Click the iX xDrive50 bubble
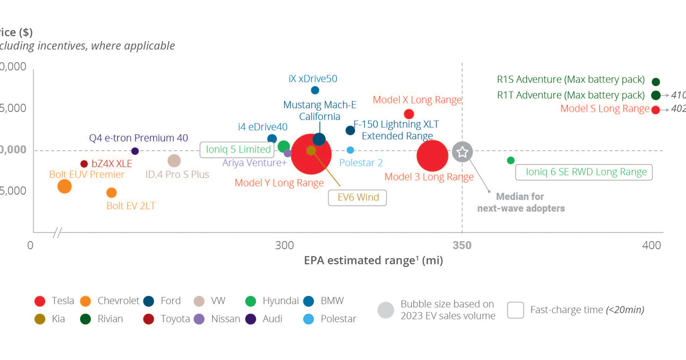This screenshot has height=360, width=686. [315, 90]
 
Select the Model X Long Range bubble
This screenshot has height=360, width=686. [409, 114]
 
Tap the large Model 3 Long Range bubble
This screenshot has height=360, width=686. [432, 155]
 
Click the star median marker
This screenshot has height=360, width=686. [462, 152]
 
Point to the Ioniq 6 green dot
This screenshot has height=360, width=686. [510, 161]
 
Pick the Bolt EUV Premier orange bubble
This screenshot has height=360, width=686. [65, 186]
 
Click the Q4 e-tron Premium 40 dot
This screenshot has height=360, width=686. [135, 151]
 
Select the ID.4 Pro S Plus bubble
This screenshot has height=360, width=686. [174, 161]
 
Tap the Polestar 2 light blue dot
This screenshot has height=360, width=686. [350, 150]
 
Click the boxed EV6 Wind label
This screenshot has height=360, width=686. [357, 198]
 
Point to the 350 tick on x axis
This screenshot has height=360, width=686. [462, 246]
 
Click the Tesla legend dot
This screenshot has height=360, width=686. [40, 301]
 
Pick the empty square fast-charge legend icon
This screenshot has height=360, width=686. [516, 310]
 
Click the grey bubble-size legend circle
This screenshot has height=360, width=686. [386, 310]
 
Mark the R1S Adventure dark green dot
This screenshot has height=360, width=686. [656, 82]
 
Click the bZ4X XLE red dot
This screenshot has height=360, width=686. [84, 164]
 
